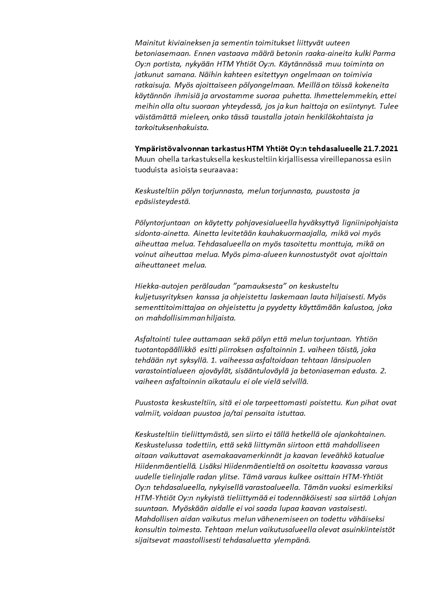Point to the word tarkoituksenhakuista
pyautogui.click(x=172, y=128)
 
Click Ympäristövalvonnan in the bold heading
pyautogui.click(x=171, y=148)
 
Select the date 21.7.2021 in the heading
pyautogui.click(x=379, y=148)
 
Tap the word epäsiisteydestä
pyautogui.click(x=161, y=202)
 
